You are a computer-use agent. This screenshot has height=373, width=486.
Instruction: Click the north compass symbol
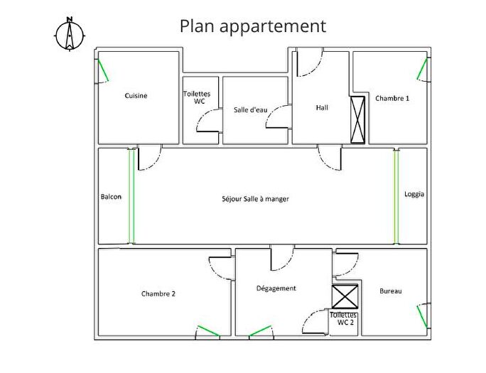pos(69,33)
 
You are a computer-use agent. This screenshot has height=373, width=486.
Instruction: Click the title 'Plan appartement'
pos(253,26)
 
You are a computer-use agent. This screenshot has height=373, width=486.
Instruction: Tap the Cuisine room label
pos(136,96)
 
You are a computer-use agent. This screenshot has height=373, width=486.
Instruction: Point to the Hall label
pos(322,108)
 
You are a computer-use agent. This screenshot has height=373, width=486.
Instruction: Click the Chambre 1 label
pos(392,99)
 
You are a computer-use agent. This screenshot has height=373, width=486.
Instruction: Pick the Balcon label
pos(111,197)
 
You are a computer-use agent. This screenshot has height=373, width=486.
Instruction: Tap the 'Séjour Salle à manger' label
pos(255,199)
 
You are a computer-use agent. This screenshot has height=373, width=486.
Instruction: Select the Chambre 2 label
pos(158,293)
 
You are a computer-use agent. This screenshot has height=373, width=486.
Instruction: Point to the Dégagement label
pos(276,288)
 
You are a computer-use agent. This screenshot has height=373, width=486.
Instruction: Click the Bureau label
pos(390,291)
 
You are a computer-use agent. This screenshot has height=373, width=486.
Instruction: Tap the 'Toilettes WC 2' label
pos(345,318)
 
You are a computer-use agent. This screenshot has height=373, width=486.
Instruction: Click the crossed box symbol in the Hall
pos(357,118)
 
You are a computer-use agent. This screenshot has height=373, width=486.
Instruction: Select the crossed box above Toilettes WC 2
pos(345,297)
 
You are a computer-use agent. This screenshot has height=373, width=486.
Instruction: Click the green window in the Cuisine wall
pos(103,71)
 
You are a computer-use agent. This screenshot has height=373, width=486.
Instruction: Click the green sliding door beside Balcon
pos(131,195)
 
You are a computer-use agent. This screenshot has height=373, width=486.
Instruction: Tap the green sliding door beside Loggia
pos(396,195)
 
